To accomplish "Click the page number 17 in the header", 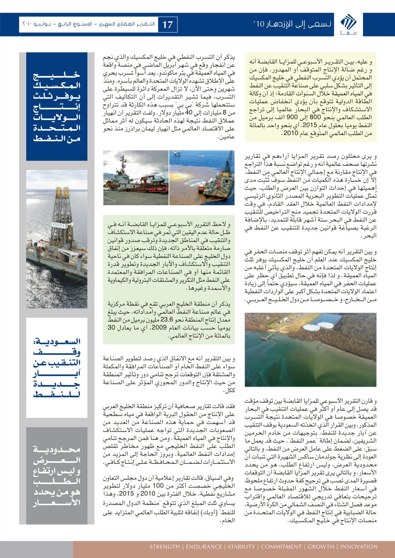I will (167, 25).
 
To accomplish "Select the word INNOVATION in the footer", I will (360, 547).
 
